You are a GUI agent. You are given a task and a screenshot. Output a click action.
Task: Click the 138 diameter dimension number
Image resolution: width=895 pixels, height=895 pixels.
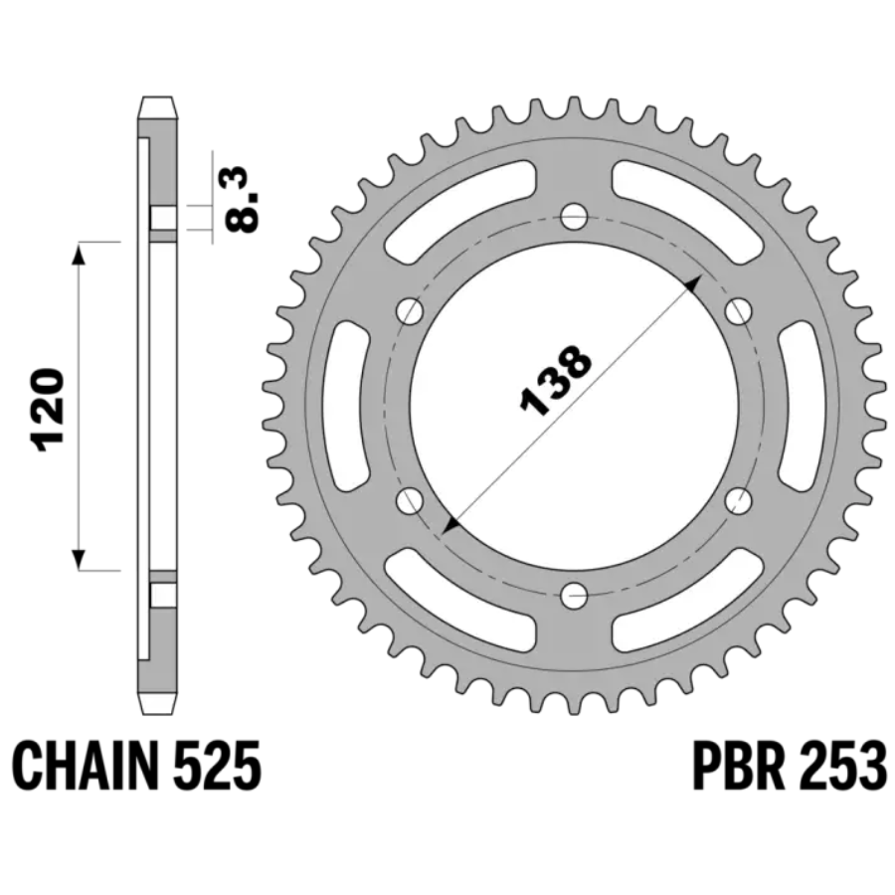tap(556, 380)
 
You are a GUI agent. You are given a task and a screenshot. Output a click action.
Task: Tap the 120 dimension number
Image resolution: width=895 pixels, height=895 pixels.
tap(49, 410)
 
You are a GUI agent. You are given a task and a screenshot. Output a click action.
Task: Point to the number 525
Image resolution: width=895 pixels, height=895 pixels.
tap(217, 765)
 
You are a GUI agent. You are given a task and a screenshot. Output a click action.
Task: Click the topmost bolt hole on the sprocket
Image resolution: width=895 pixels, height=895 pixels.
tap(574, 216)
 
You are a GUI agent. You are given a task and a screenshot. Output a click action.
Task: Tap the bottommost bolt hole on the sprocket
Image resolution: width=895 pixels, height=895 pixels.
tap(574, 597)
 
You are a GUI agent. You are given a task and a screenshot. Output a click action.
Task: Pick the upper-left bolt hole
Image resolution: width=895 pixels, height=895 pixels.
tap(410, 311)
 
